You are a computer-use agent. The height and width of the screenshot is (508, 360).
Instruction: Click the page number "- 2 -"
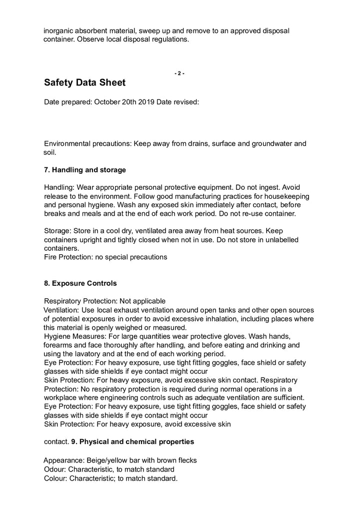tap(179, 73)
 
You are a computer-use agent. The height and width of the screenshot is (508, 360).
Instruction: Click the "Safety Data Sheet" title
tap(84, 82)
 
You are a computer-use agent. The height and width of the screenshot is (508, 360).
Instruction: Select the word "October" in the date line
tap(107, 102)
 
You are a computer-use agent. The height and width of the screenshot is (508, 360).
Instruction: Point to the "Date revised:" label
tap(178, 102)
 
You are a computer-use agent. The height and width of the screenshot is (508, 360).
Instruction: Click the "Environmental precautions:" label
tap(88, 144)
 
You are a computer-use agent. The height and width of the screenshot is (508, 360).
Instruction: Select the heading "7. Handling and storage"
tap(85, 170)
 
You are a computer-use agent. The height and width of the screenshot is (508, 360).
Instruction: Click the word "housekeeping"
tap(286, 196)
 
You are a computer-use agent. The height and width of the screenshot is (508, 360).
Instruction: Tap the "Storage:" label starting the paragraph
tap(58, 231)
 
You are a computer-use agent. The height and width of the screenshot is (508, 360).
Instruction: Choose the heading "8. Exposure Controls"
tap(80, 283)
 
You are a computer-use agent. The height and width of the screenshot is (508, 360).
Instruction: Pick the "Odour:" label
tap(55, 469)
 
